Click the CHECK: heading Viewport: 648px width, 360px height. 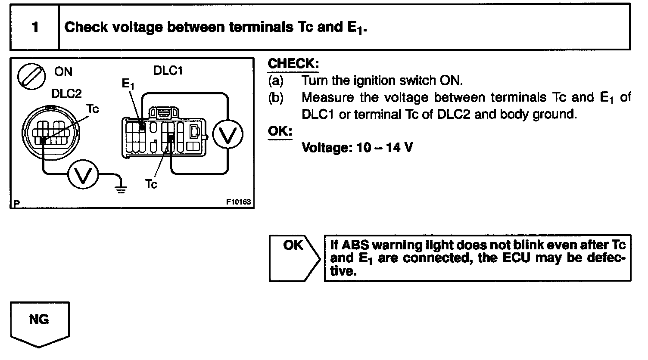(293, 64)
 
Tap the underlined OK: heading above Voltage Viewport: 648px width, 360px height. (280, 131)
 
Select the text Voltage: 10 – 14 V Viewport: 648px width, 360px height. (357, 148)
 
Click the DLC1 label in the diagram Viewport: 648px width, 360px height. (168, 71)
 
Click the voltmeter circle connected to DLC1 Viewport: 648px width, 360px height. (228, 136)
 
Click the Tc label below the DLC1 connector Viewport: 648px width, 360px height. (151, 184)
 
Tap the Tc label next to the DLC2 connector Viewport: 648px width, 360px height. (93, 109)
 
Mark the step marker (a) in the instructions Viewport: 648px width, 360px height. (276, 81)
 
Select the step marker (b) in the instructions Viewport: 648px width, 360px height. (276, 98)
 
